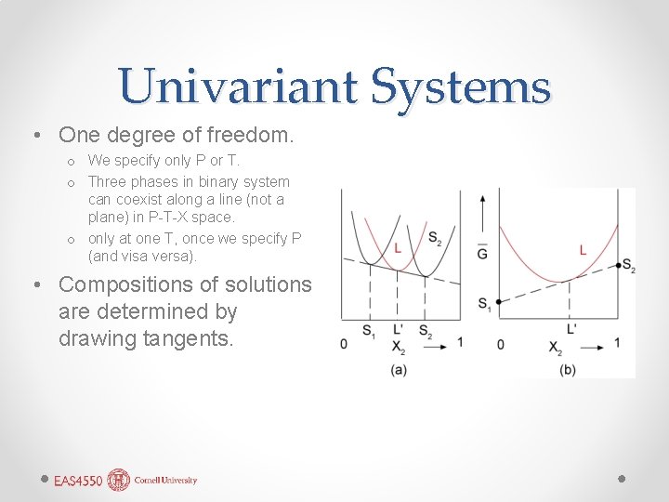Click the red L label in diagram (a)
pyautogui.click(x=397, y=248)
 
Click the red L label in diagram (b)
pyautogui.click(x=583, y=249)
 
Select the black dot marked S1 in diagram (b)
pyautogui.click(x=499, y=302)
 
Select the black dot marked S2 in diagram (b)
pyautogui.click(x=619, y=265)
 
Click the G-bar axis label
pyautogui.click(x=482, y=252)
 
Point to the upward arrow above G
pyautogui.click(x=482, y=212)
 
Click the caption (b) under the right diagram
pyautogui.click(x=568, y=369)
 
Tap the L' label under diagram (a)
pyautogui.click(x=398, y=329)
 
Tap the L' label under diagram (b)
pyautogui.click(x=570, y=329)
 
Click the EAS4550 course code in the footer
pyautogui.click(x=79, y=481)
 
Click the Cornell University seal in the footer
pyautogui.click(x=119, y=480)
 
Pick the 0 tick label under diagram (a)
pyautogui.click(x=344, y=344)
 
